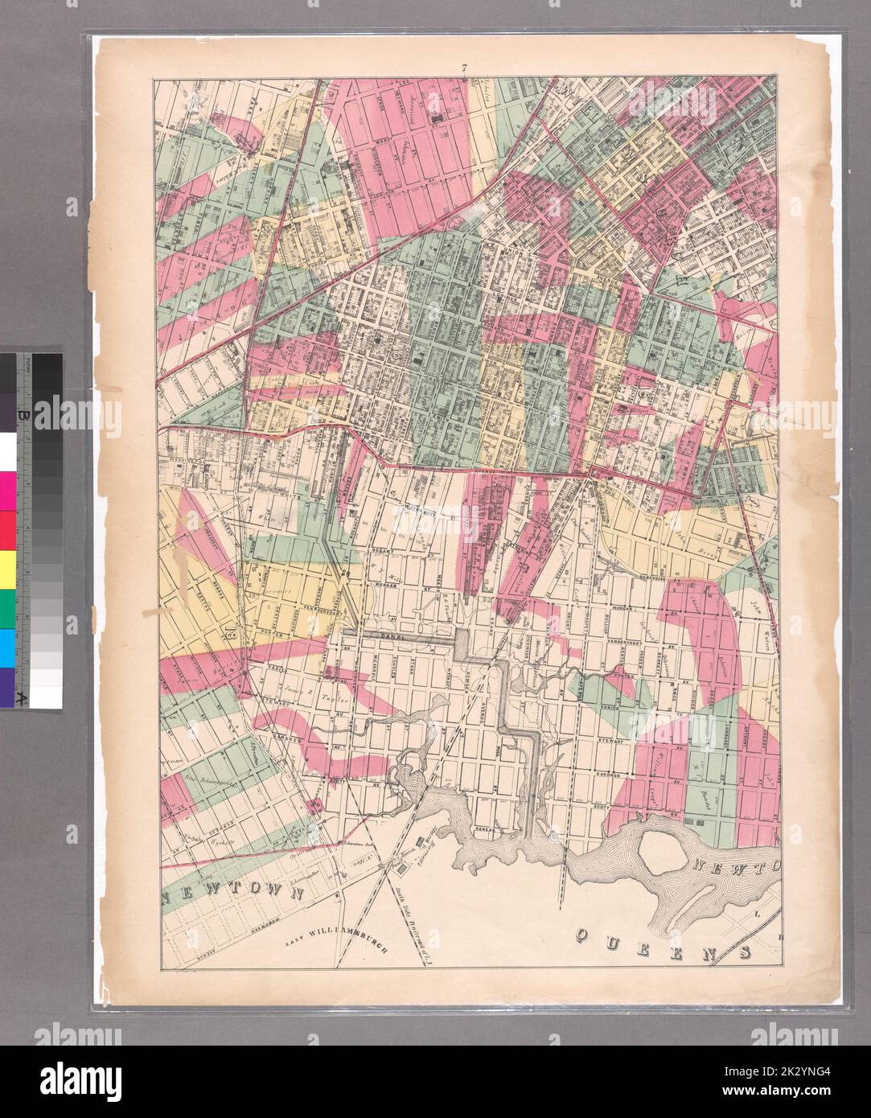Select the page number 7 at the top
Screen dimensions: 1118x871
click(x=464, y=68)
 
